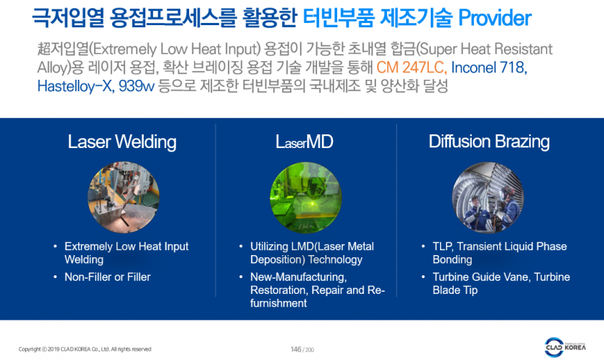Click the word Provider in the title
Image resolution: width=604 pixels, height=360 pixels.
click(495, 18)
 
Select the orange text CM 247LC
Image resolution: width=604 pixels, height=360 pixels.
click(411, 68)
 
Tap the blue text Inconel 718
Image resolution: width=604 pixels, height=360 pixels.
click(489, 68)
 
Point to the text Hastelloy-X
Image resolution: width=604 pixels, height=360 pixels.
click(75, 86)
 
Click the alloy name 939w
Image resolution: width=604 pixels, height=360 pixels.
click(137, 86)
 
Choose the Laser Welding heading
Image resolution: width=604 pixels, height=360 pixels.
click(122, 142)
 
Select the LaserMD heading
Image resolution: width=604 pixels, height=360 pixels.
click(304, 142)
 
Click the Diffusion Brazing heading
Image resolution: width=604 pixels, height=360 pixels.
click(489, 142)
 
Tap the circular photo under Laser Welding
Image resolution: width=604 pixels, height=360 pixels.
click(123, 197)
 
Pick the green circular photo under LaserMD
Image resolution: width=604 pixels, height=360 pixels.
click(306, 197)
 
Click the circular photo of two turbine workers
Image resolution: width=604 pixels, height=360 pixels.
click(488, 197)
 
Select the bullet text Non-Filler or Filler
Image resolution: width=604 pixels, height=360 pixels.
click(107, 277)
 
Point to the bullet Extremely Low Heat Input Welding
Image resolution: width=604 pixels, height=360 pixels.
click(127, 253)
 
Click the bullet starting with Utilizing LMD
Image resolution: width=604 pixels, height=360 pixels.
click(312, 253)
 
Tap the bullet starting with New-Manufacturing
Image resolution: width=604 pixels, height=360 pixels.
click(317, 290)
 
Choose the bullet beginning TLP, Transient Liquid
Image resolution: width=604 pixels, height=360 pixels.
click(500, 253)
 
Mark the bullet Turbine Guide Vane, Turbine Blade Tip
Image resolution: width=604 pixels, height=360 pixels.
click(501, 283)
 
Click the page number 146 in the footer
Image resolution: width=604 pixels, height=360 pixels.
click(296, 349)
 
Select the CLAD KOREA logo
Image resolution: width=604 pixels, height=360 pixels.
click(565, 347)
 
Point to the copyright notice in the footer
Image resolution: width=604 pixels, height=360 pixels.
click(85, 349)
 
